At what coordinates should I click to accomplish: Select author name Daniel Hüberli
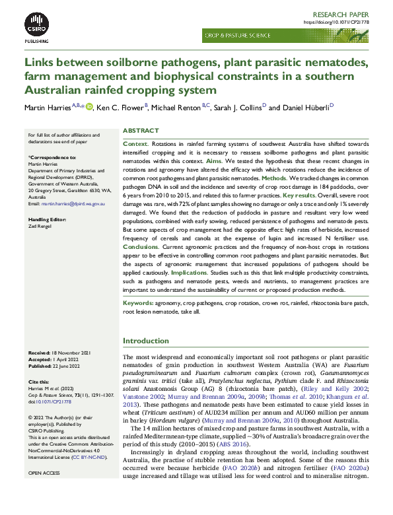coord(308,107)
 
